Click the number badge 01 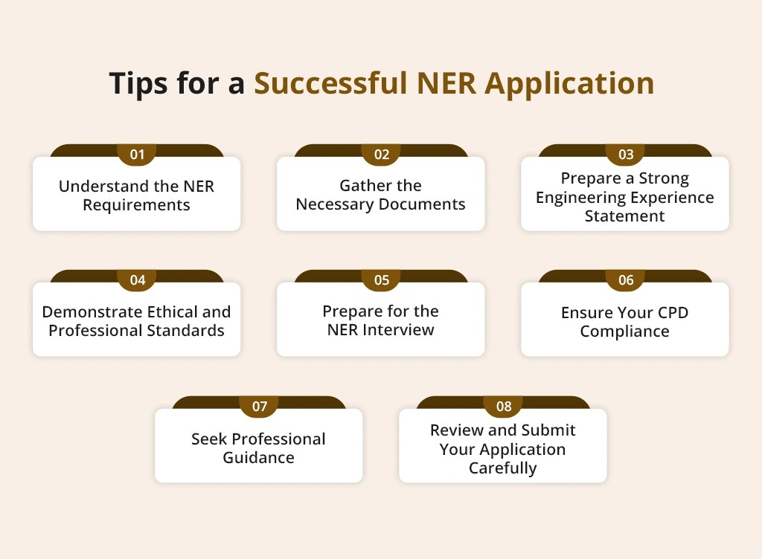tap(137, 155)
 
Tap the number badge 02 tap(381, 155)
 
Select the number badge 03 tap(625, 155)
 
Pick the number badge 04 tap(137, 280)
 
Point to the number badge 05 tap(381, 280)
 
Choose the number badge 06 tap(625, 280)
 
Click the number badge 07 tap(259, 407)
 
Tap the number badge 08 tap(503, 407)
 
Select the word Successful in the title tap(330, 84)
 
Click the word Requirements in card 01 tap(136, 204)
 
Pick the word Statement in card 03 tap(624, 216)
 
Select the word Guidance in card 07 tap(258, 458)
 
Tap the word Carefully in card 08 tap(502, 468)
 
